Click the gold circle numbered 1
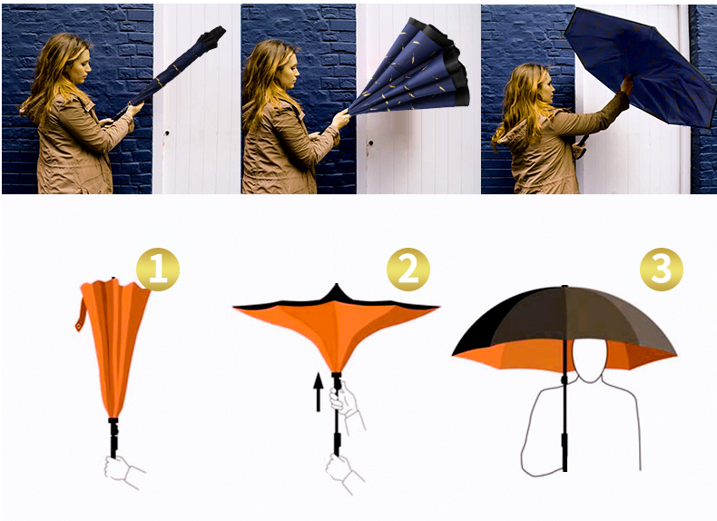pyautogui.click(x=158, y=269)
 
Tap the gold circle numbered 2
pyautogui.click(x=408, y=270)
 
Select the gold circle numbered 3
pyautogui.click(x=662, y=270)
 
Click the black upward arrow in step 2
pyautogui.click(x=319, y=391)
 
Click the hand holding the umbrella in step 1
pyautogui.click(x=121, y=470)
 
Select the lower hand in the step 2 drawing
pyautogui.click(x=342, y=471)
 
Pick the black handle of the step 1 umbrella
pyautogui.click(x=113, y=437)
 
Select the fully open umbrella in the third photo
pyautogui.click(x=640, y=66)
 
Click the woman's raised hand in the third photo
pyautogui.click(x=626, y=86)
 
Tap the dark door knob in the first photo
pyautogui.click(x=167, y=133)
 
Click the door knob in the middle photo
pyautogui.click(x=370, y=143)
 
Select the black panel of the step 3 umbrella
pyautogui.click(x=485, y=327)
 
